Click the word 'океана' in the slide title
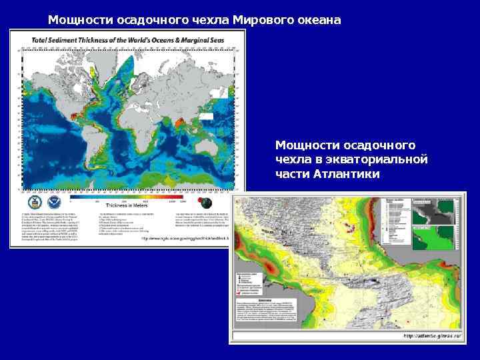tap(319, 19)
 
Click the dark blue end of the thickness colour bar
tap(74, 197)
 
